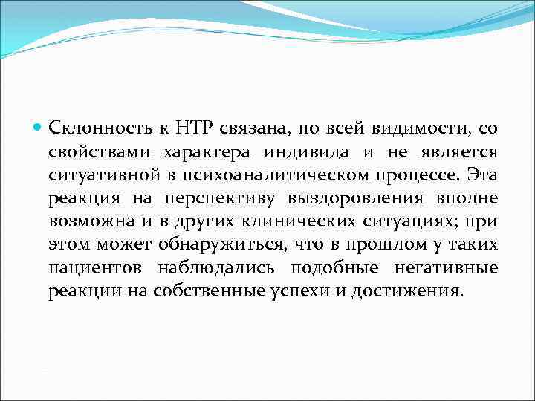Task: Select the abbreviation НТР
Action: (x=196, y=128)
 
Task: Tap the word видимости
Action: (x=422, y=128)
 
